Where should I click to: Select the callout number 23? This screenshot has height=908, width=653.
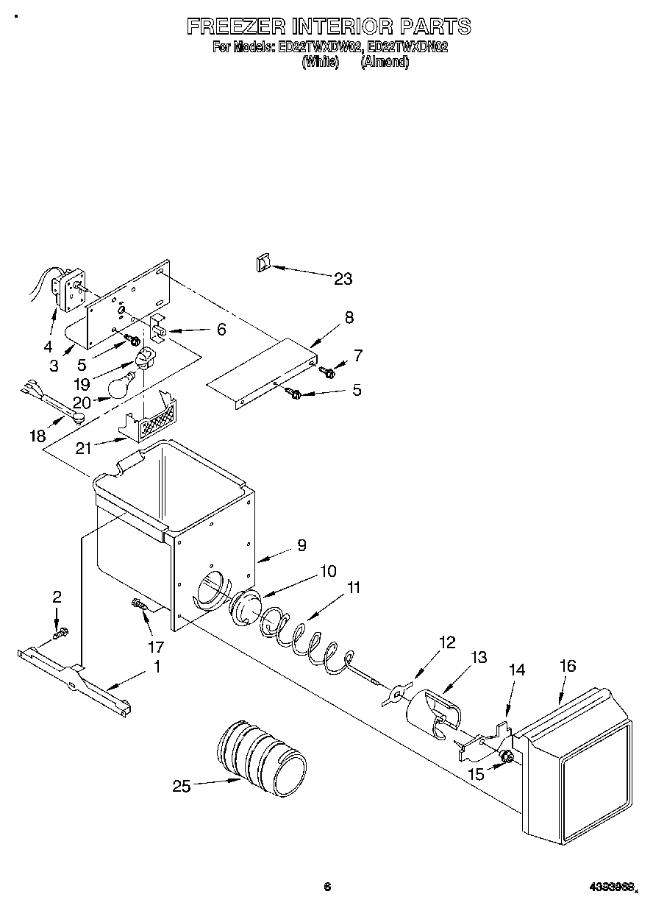343,279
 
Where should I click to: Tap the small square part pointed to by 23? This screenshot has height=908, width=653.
264,263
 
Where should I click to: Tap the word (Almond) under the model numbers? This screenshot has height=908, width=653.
384,63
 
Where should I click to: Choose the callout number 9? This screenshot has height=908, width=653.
301,545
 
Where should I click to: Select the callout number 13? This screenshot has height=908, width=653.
478,658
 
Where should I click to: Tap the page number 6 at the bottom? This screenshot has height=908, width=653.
326,887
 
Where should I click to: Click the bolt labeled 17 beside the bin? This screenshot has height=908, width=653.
140,605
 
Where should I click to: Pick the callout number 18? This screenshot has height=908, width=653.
37,437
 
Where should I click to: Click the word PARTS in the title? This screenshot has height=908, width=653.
435,26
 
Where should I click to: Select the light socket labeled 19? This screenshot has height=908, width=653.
144,360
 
